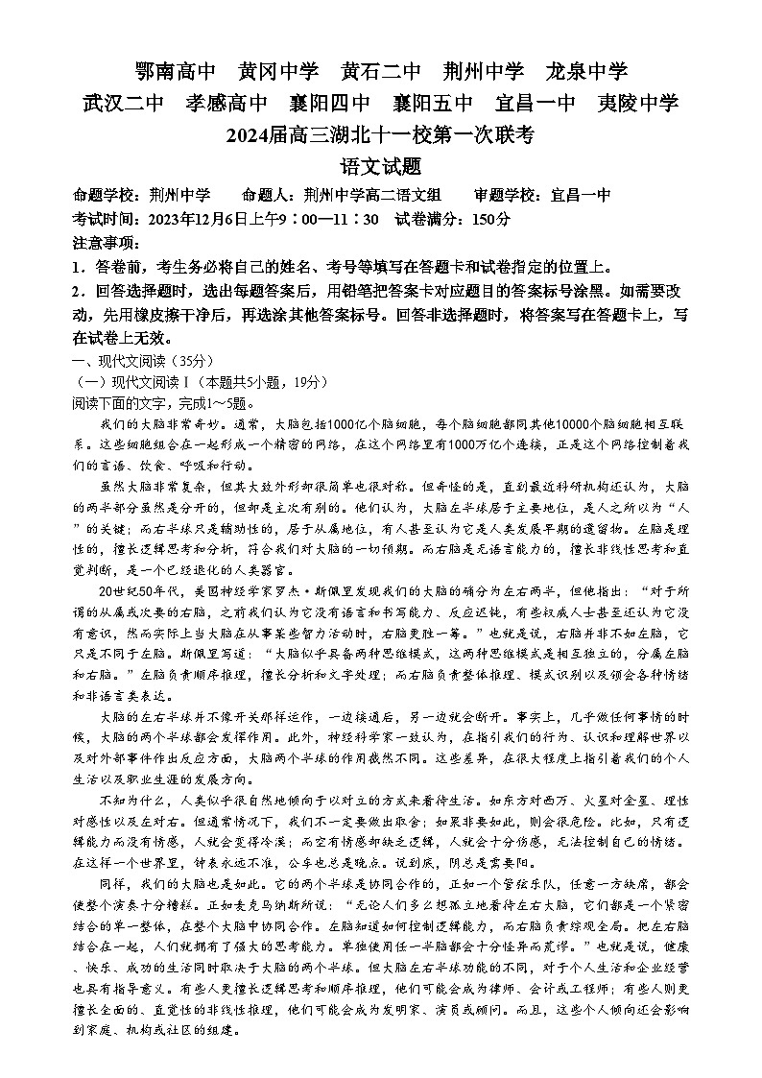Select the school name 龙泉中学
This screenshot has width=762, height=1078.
586,72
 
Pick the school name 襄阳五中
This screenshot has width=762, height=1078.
433,104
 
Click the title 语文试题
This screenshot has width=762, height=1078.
381,166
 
